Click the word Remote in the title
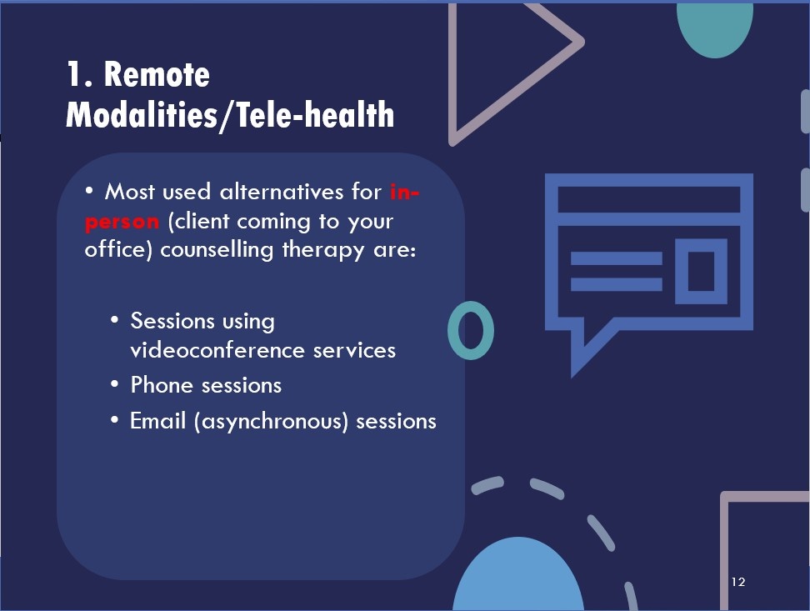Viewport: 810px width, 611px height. (157, 74)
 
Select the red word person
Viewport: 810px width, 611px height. (122, 222)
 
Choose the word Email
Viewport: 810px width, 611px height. (157, 420)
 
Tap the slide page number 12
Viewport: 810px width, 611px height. (738, 582)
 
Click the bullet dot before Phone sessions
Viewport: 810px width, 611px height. (115, 384)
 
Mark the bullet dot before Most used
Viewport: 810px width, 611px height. (89, 191)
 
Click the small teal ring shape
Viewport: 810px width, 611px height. (471, 330)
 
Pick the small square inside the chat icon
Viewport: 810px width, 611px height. (701, 271)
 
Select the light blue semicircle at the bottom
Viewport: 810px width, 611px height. (518, 573)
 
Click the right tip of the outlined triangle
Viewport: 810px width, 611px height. (582, 42)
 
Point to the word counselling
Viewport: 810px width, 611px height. (217, 251)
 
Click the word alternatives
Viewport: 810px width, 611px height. (282, 192)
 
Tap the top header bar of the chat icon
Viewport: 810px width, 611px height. (649, 199)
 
